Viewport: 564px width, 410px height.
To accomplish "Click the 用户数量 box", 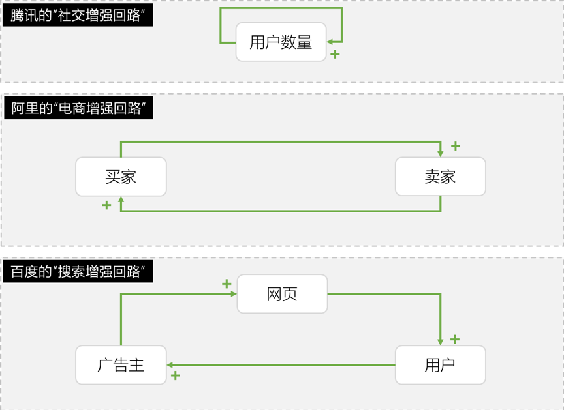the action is coord(281,42).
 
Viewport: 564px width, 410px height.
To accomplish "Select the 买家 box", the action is coord(121,177).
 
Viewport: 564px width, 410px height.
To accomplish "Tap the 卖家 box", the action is coord(440,177).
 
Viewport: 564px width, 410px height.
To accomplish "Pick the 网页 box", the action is coord(282,294).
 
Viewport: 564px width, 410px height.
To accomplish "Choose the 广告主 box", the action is coord(121,365).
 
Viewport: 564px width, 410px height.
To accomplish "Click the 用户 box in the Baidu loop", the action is coord(440,365).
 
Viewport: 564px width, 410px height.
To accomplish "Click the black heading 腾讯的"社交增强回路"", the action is coord(78,16).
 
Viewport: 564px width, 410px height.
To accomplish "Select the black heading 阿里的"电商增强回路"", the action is coord(78,108).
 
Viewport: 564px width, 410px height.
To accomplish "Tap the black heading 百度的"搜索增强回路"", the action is coord(78,271).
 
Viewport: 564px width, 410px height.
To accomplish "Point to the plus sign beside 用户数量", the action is coord(335,54).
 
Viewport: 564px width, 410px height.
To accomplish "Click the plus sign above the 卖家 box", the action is coord(456,146).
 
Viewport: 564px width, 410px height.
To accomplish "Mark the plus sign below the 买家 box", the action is coord(106,205).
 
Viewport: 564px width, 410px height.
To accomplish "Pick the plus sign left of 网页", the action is coord(227,284).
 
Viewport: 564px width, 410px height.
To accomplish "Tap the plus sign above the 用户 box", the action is coord(455,339).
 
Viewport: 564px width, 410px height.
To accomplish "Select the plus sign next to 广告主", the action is coord(175,376).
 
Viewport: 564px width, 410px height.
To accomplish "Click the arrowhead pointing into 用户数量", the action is coord(330,42).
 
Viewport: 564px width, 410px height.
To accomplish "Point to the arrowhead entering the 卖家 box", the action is coord(440,154).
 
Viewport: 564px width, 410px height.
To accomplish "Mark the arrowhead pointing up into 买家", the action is coord(121,199).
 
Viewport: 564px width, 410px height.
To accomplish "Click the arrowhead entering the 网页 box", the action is coord(234,294).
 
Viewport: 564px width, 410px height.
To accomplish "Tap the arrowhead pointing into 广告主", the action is coord(170,365).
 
